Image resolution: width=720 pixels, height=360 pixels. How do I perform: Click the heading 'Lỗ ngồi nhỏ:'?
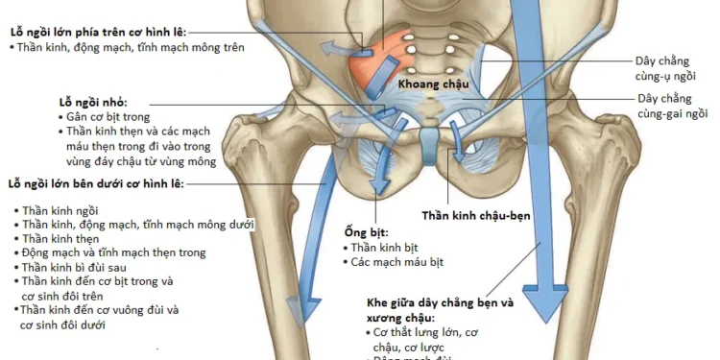coord(93,101)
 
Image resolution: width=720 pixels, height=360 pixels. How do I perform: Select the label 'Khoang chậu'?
coord(434,84)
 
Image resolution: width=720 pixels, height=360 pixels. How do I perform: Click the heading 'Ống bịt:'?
coord(365,232)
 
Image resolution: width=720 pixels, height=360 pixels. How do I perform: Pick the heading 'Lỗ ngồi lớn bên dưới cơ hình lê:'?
coord(95,182)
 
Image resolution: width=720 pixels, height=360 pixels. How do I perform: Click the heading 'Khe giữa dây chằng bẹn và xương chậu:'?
coord(440,309)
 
